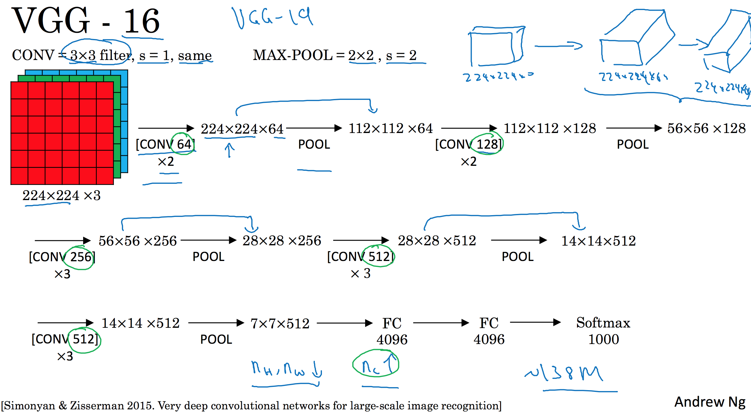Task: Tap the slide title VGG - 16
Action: tap(86, 21)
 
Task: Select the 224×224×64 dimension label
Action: tap(242, 129)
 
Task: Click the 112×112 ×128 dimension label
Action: tap(550, 128)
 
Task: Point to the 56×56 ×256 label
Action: tap(138, 241)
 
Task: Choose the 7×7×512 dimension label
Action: tap(280, 323)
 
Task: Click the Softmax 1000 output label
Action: tap(603, 331)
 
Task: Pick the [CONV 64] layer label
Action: tap(165, 144)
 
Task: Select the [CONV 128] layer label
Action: tap(469, 144)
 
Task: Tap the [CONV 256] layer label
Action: tap(62, 257)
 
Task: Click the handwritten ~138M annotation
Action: tap(564, 373)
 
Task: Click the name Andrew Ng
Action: tap(710, 402)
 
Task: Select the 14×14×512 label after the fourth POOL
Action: tap(599, 241)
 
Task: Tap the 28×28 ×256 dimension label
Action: tap(282, 241)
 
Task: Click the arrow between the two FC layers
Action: tap(441, 323)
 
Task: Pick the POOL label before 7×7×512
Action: tap(216, 339)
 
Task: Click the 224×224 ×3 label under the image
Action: tap(62, 195)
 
